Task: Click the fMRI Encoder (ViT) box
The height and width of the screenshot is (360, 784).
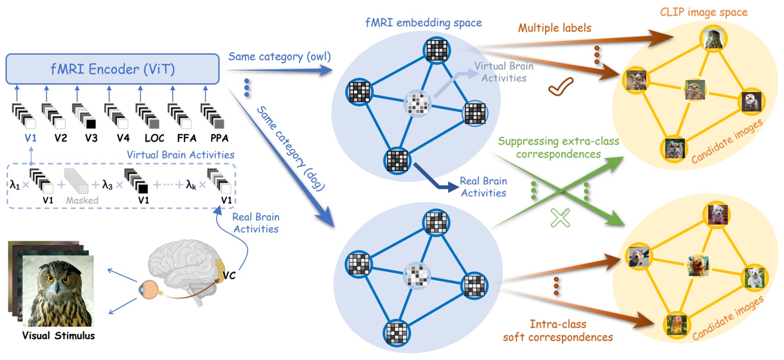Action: tap(112, 69)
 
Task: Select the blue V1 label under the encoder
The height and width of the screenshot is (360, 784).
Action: tap(30, 138)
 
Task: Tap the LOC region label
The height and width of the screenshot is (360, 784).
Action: tap(154, 138)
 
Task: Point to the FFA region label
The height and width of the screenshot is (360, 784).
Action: tap(186, 138)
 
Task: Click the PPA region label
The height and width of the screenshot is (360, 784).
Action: tap(219, 138)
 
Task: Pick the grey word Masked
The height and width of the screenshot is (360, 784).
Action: tap(82, 201)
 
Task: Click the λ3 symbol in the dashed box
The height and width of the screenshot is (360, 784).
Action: tap(107, 185)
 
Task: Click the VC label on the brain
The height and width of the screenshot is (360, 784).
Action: tap(229, 276)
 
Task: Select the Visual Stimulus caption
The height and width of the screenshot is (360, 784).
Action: tap(58, 336)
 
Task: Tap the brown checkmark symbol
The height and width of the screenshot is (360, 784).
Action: tap(561, 87)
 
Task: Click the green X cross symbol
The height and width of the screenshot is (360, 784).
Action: tap(560, 217)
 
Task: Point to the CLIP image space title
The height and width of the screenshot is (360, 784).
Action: tap(703, 13)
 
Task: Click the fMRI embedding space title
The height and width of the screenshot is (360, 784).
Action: tap(423, 23)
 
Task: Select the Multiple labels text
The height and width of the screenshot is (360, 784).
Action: tap(555, 28)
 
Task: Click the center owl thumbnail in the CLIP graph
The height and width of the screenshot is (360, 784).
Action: tap(695, 90)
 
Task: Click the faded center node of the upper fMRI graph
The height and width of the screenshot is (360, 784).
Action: tap(417, 104)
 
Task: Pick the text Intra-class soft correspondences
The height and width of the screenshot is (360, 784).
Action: tap(558, 331)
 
